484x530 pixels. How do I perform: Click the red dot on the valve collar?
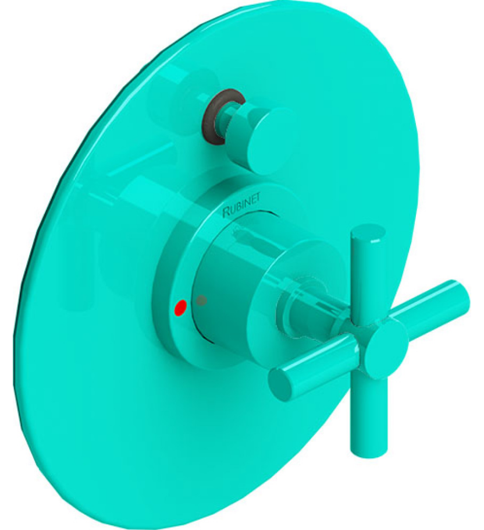pyautogui.click(x=180, y=307)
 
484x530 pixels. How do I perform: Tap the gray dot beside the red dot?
pyautogui.click(x=201, y=301)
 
